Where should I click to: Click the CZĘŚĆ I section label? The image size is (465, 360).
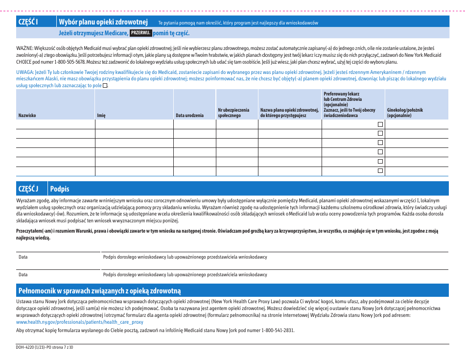[28, 22]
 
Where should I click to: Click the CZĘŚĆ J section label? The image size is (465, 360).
[28, 189]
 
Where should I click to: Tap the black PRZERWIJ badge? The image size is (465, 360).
[140, 33]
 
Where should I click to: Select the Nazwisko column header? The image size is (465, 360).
[27, 116]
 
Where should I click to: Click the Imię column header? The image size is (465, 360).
[101, 116]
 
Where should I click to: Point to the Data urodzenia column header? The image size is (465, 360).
[190, 116]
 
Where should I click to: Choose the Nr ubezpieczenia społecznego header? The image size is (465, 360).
[233, 113]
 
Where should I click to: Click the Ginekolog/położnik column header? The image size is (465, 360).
[405, 113]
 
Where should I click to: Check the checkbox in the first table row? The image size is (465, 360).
[380, 124]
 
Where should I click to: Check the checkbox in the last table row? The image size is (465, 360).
[380, 171]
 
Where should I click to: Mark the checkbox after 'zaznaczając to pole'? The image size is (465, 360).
[105, 86]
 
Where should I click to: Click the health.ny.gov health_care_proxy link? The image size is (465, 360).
[80, 322]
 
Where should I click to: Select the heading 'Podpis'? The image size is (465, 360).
[60, 189]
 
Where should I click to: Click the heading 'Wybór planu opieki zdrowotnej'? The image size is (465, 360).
[103, 22]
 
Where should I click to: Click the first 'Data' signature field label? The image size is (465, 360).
[23, 257]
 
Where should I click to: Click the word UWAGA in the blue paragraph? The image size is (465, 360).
[25, 72]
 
